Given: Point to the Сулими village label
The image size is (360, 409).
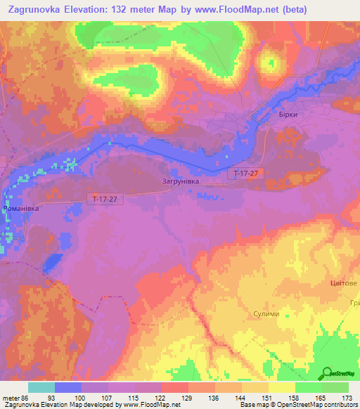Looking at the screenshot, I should point(266,313).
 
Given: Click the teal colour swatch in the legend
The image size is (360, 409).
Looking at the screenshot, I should point(41,387).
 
